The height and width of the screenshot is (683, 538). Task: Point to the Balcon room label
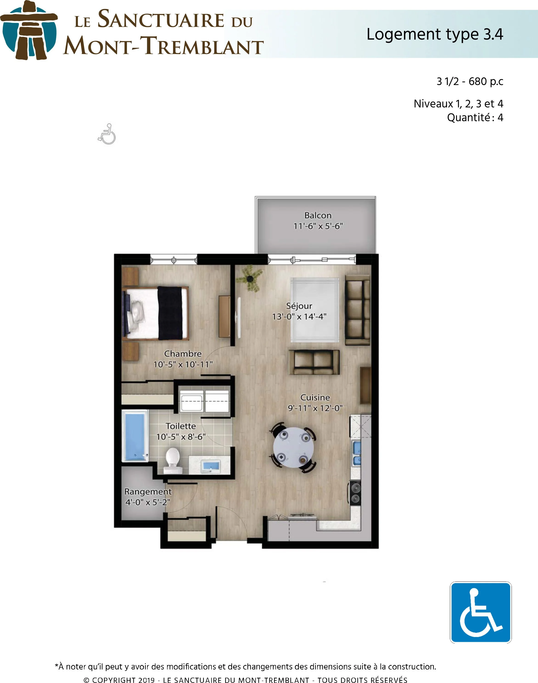click(x=318, y=215)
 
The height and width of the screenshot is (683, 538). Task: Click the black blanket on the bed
click(x=170, y=313)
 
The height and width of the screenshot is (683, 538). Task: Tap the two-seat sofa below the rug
click(x=314, y=362)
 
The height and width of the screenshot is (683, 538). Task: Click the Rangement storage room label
click(x=148, y=492)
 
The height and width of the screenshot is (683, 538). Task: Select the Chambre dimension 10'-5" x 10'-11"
click(x=183, y=364)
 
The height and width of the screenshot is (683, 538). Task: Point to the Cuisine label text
click(x=315, y=397)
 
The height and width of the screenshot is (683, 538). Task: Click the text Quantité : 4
click(x=475, y=118)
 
